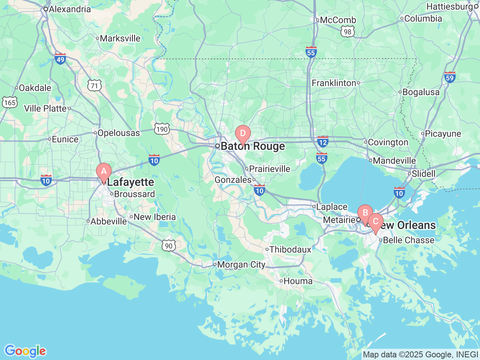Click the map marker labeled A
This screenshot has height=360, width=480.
coord(104,172)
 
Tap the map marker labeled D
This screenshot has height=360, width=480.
coord(243,134)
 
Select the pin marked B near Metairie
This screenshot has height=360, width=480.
coord(365,213)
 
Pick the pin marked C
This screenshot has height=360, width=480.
coord(375,222)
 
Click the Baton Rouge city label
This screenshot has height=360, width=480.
coord(252,146)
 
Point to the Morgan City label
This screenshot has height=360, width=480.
coord(241,265)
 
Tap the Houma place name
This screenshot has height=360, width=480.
coord(298,281)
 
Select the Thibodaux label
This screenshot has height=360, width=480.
coord(290,249)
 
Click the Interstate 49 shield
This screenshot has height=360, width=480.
coord(60,58)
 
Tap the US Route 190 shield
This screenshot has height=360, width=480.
coord(162,129)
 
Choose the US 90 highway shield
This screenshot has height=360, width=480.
coord(169,246)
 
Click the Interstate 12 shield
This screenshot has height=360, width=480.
coord(322,142)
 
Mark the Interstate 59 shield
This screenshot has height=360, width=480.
coord(450,77)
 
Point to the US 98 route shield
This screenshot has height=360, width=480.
coord(348,32)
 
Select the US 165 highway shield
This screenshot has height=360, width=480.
coord(9,102)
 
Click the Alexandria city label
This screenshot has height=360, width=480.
coord(70,9)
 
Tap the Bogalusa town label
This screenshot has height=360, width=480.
coord(421,92)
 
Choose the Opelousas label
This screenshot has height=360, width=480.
coord(118,133)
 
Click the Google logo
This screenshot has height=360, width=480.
coord(25,351)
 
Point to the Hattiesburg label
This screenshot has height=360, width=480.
coord(450,7)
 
